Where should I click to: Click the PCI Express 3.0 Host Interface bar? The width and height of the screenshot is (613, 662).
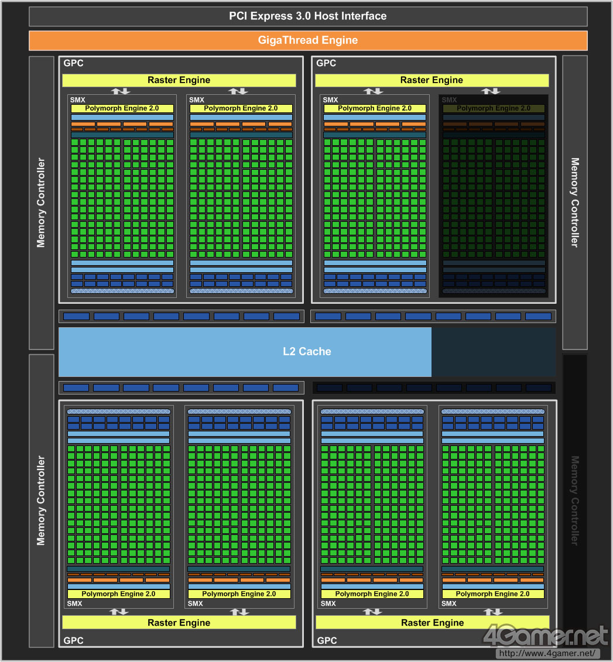[307, 16]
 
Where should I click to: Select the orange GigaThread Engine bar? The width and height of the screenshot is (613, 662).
[307, 40]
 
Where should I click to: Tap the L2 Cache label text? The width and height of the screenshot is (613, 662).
[307, 352]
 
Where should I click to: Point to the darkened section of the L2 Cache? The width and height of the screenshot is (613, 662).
[493, 352]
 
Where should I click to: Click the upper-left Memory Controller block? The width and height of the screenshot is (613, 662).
[41, 203]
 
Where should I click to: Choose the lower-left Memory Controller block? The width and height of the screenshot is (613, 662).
[41, 500]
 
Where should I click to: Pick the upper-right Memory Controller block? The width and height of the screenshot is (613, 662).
[574, 203]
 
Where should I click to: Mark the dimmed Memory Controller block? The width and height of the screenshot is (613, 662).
[574, 500]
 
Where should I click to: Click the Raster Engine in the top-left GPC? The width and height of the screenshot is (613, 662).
[179, 80]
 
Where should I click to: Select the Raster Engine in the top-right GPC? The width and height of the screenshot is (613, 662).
[432, 80]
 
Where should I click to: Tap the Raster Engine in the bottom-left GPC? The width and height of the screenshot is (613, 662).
[179, 623]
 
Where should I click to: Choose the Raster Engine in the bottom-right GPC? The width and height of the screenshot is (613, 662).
[432, 623]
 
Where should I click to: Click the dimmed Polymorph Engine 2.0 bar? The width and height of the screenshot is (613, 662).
[494, 108]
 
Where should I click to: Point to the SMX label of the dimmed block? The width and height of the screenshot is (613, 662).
[448, 100]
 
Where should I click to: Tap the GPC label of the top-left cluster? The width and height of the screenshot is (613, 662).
[73, 63]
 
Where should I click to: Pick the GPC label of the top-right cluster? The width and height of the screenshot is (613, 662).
[326, 63]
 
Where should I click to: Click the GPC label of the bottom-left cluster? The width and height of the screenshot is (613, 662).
[73, 641]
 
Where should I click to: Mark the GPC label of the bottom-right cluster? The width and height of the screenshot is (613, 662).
[327, 641]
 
